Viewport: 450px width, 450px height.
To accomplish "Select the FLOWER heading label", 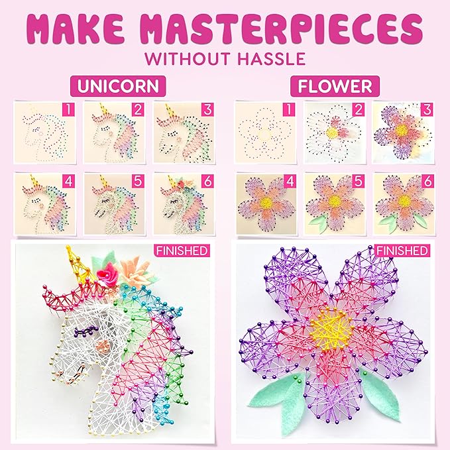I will tap(335, 87).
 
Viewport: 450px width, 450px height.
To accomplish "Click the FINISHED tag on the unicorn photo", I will tap(182, 251).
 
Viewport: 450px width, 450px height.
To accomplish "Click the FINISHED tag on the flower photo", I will tap(402, 251).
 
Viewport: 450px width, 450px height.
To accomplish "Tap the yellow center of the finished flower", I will tap(332, 325).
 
